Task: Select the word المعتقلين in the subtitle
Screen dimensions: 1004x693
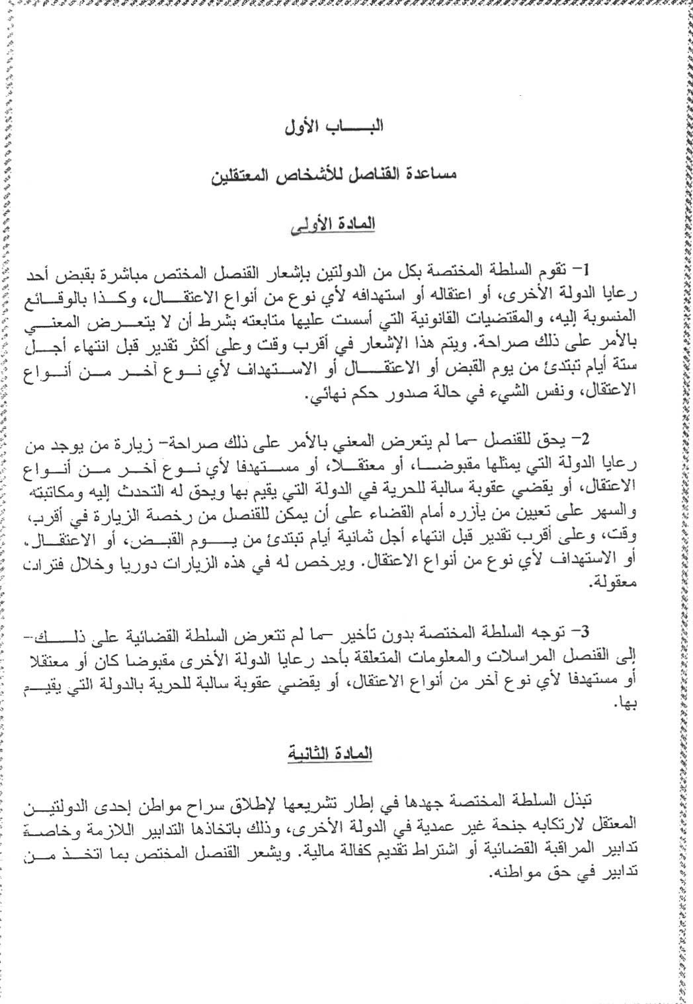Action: pyautogui.click(x=244, y=176)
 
